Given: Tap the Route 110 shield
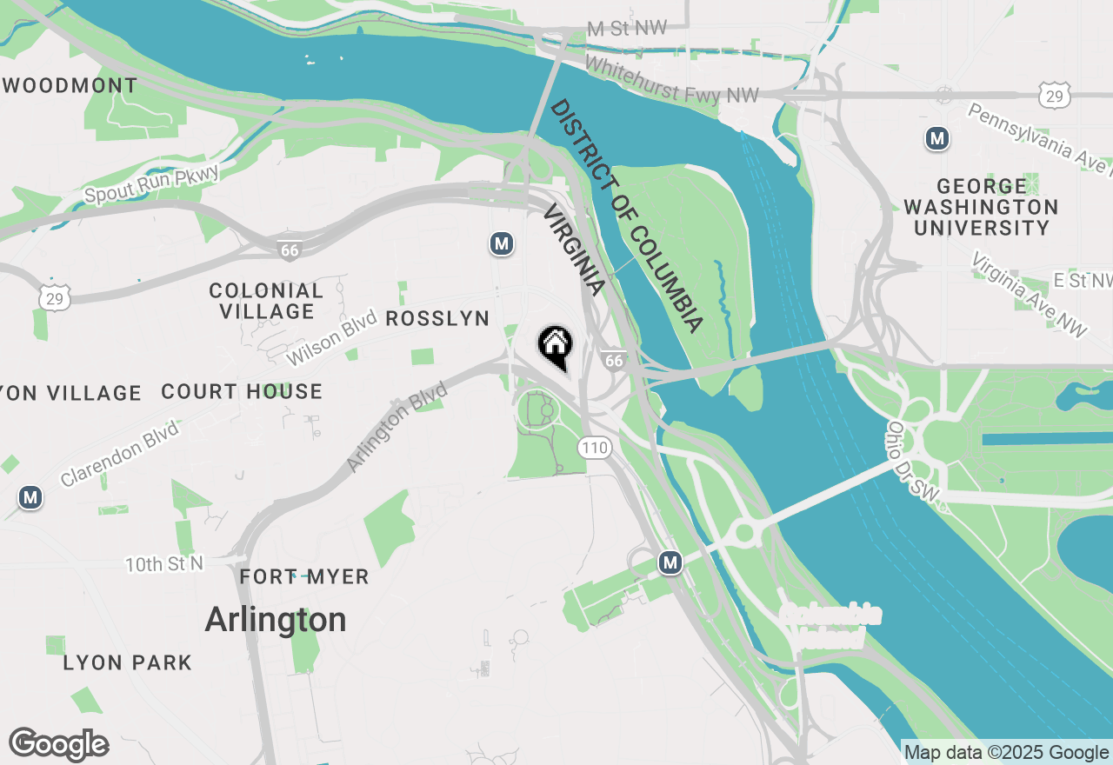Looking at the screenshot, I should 595,448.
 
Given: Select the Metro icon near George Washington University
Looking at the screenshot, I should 936,138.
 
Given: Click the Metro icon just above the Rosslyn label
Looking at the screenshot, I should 500,244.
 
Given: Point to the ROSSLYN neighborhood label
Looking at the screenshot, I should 437,318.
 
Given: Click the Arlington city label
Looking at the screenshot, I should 276,620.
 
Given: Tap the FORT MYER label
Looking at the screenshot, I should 304,576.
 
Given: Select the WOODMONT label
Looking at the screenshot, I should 71,85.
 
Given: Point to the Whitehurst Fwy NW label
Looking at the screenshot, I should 671,80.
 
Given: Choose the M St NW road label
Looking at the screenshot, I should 627,29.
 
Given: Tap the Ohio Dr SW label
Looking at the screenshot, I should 912,461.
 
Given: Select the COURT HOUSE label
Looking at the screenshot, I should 242,391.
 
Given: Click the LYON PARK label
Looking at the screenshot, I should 127,662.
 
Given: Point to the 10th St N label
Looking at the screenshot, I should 163,564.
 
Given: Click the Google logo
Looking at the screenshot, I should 58,745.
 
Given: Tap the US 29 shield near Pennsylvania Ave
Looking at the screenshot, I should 1054,96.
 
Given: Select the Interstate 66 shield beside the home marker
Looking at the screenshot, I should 614,359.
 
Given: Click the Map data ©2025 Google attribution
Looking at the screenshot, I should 1006,753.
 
